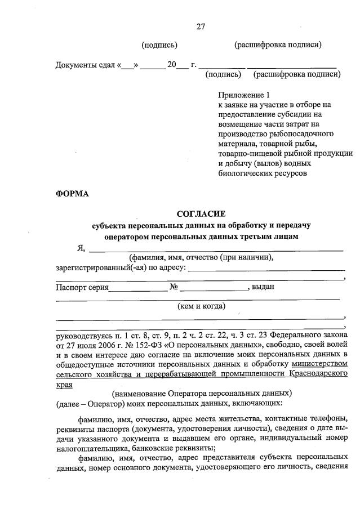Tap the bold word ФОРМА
coord(72,194)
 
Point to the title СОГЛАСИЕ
coord(201,214)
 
